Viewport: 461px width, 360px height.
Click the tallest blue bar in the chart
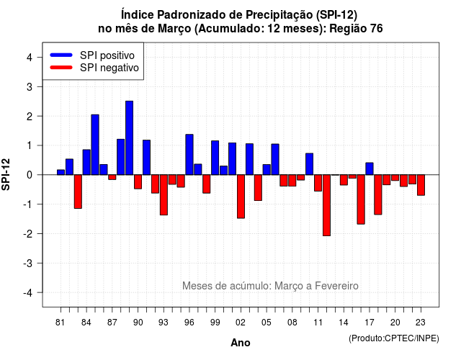coord(129,138)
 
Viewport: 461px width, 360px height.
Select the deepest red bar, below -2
coord(326,205)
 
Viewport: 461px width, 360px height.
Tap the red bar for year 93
coord(164,195)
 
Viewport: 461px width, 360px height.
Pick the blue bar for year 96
coord(189,155)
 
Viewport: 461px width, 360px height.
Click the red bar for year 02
coord(241,197)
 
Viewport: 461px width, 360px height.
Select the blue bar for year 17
coord(370,168)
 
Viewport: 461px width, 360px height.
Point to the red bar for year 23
coord(421,185)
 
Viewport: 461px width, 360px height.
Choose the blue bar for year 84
coord(86,162)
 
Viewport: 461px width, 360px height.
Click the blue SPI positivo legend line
coord(61,55)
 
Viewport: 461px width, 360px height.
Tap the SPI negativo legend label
coord(109,68)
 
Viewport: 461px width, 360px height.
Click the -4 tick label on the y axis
coord(28,293)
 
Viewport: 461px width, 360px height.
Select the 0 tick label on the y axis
coord(30,175)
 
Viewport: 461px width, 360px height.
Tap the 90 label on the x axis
coord(138,323)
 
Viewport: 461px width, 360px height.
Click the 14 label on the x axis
coord(344,323)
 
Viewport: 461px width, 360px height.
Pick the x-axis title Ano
coord(241,343)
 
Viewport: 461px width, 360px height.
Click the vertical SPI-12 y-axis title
coord(6,174)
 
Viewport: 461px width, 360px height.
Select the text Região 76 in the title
coord(356,29)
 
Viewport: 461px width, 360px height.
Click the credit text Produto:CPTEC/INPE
coord(394,338)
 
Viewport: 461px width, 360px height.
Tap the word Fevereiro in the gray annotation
coord(336,286)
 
